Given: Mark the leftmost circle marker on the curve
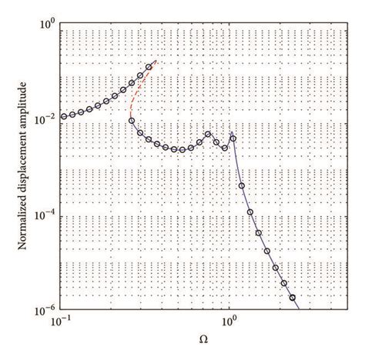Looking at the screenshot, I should [63, 117].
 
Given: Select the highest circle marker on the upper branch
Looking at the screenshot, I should [149, 68].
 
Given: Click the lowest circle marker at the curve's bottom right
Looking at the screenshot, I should [292, 297].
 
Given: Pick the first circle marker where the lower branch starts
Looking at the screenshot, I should [132, 121].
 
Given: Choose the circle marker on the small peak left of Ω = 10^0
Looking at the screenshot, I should [208, 135].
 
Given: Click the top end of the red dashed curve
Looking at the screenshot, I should [156, 61].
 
